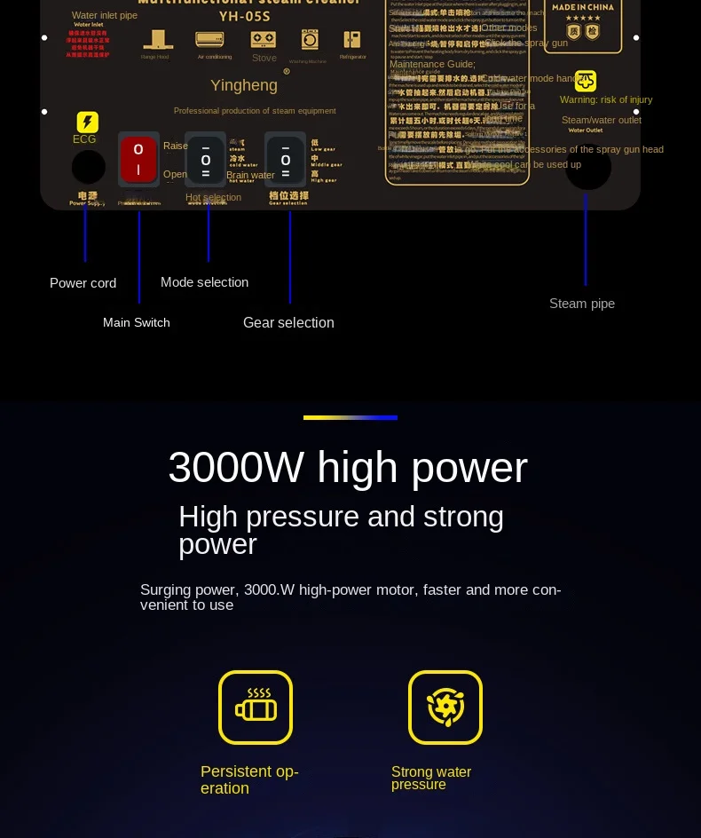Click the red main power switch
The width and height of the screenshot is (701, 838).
138,160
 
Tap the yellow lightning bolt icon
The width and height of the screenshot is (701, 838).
88,123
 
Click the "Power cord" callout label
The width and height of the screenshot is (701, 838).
83,283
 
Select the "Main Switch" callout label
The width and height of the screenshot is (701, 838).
136,322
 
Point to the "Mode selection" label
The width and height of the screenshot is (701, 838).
204,282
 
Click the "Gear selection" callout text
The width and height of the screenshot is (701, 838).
288,322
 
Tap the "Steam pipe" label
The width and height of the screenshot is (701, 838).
581,304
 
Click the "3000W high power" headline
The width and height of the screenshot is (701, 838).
347,468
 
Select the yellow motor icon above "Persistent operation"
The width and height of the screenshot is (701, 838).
256,708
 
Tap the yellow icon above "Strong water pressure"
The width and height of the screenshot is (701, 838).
445,708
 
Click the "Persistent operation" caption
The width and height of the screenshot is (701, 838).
249,779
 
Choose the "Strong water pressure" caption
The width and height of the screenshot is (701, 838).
431,778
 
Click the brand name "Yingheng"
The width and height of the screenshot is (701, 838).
244,85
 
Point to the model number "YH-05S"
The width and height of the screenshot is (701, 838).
244,15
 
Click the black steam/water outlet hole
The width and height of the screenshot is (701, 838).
587,167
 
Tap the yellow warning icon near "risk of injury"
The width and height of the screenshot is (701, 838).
586,81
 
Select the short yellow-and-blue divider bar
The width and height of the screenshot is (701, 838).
350,417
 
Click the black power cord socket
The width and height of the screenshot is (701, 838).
88,167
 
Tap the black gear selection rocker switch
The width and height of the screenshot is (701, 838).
285,160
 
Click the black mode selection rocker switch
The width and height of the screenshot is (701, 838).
205,160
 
